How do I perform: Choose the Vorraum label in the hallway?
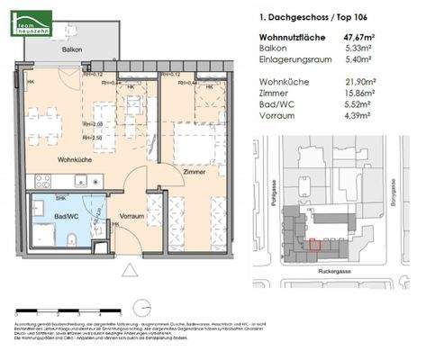pyautogui.click(x=131, y=218)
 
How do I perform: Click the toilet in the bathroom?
pyautogui.click(x=72, y=238)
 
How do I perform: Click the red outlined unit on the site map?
pyautogui.click(x=314, y=242)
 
